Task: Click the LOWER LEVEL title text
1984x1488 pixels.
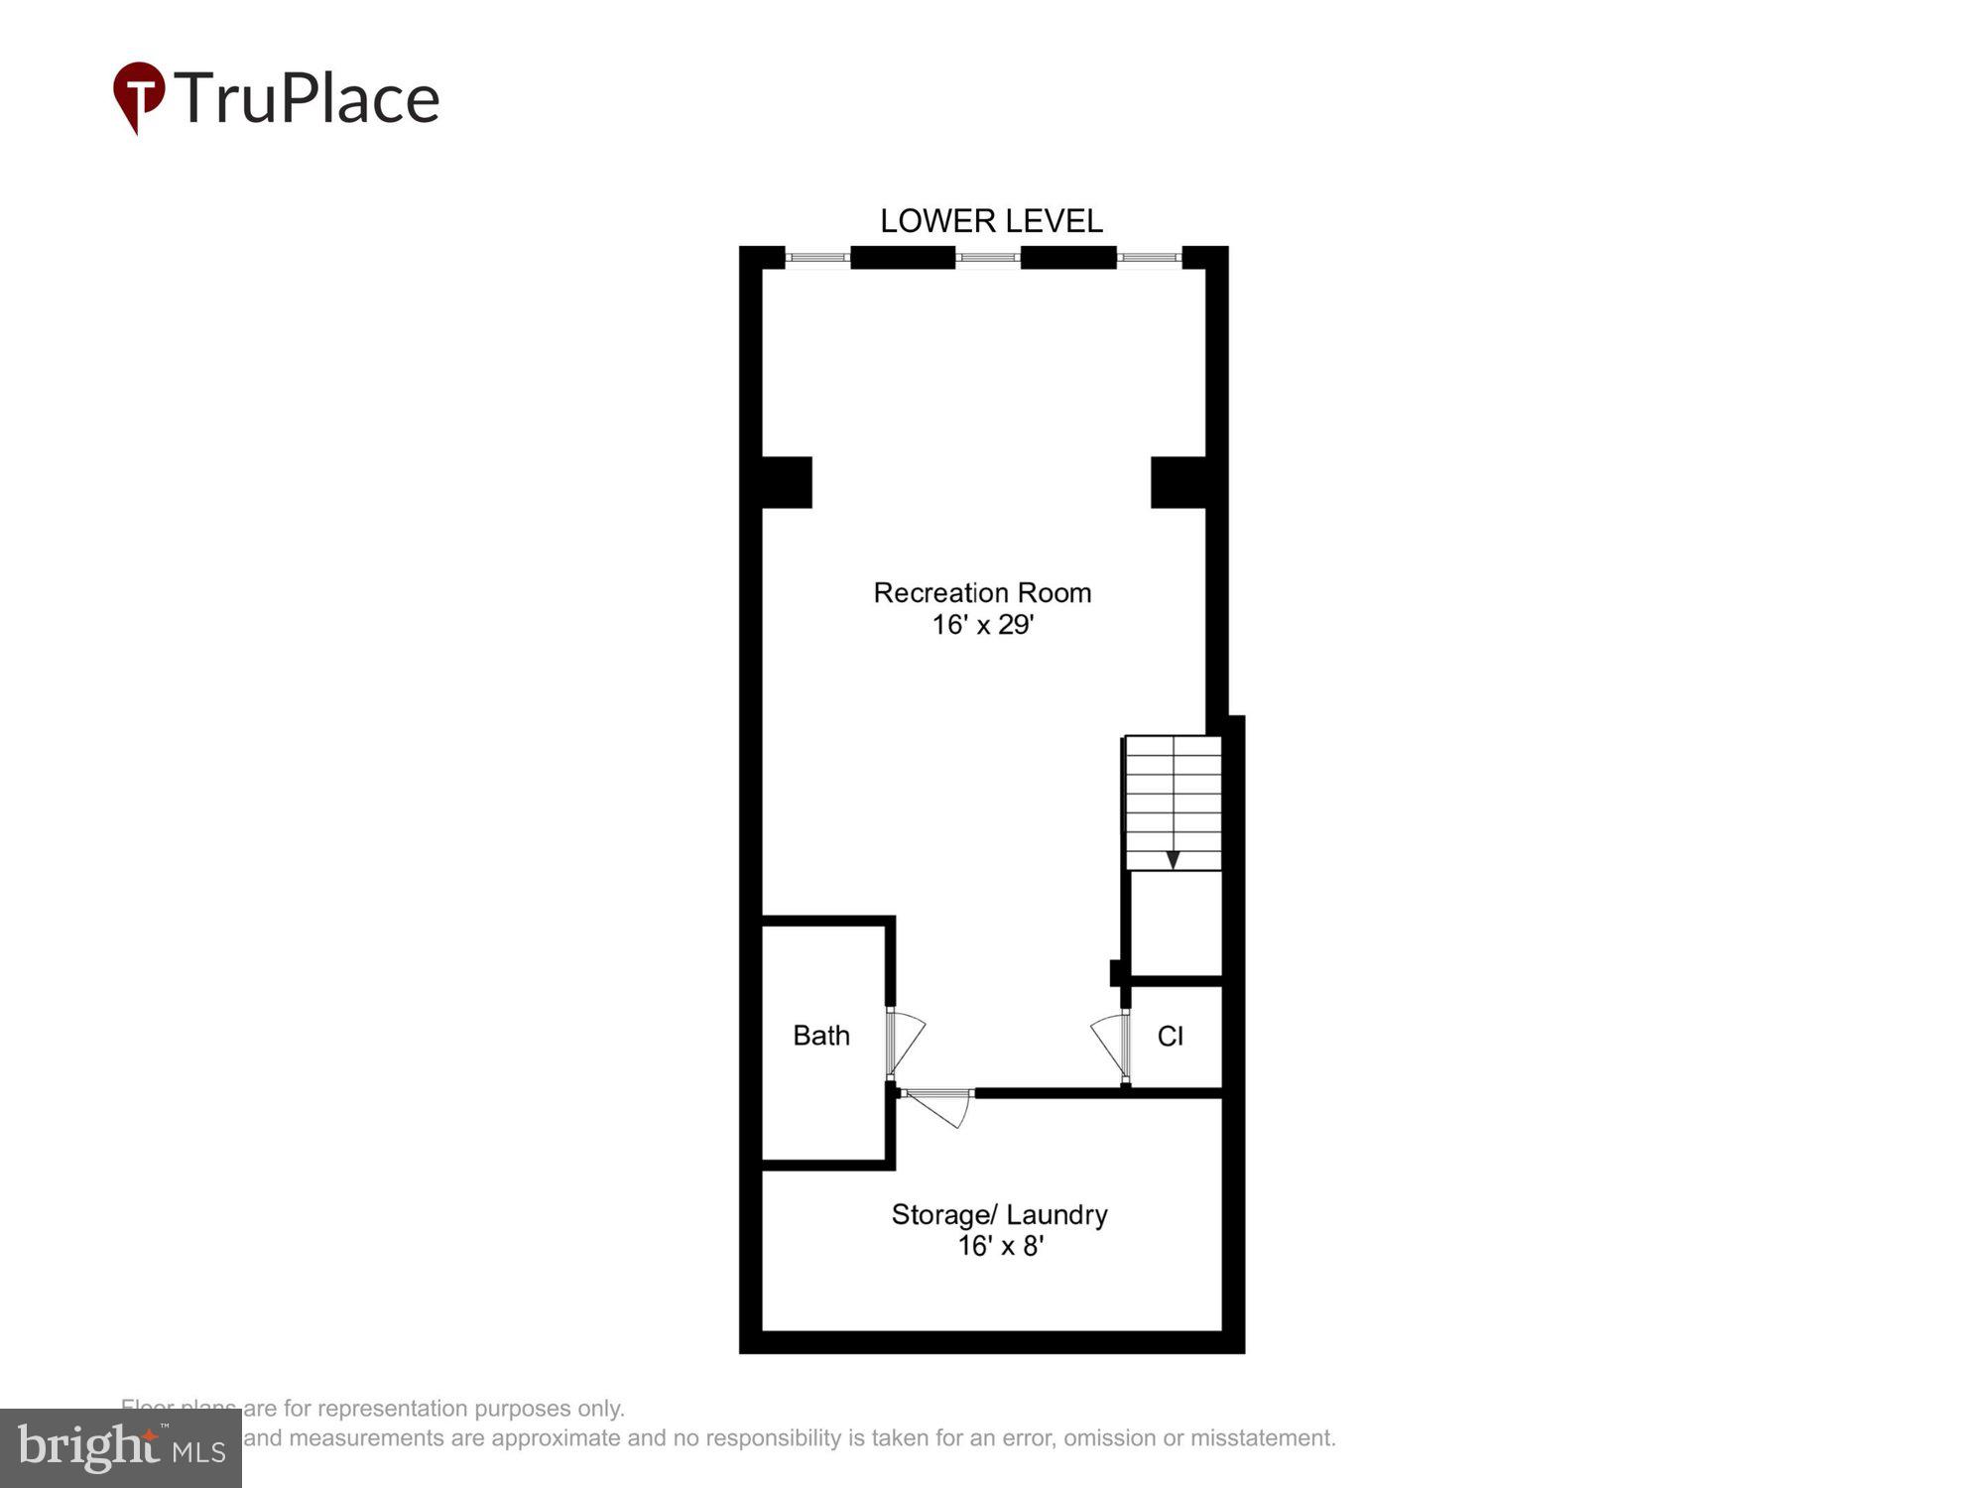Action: [x=991, y=220]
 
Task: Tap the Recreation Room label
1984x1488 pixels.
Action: [x=982, y=592]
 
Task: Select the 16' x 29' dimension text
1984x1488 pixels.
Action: [x=982, y=625]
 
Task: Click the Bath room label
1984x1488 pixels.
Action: [x=821, y=1036]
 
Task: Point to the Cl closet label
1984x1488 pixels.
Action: [x=1171, y=1037]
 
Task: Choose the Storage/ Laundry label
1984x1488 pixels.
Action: [x=999, y=1214]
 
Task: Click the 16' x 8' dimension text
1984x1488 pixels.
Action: [x=1000, y=1246]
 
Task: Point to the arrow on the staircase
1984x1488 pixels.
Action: [x=1173, y=859]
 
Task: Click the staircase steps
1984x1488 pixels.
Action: [x=1173, y=794]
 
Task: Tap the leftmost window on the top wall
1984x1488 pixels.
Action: [x=817, y=258]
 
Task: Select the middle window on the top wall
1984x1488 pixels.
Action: [x=988, y=258]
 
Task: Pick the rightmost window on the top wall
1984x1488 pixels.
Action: [x=1149, y=258]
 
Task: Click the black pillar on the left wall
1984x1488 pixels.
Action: [x=787, y=482]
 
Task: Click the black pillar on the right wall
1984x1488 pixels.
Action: [x=1178, y=482]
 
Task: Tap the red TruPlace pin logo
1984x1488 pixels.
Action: [x=138, y=96]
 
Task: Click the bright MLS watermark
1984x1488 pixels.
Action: [x=121, y=1448]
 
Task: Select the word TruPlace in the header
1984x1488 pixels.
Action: [x=308, y=98]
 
